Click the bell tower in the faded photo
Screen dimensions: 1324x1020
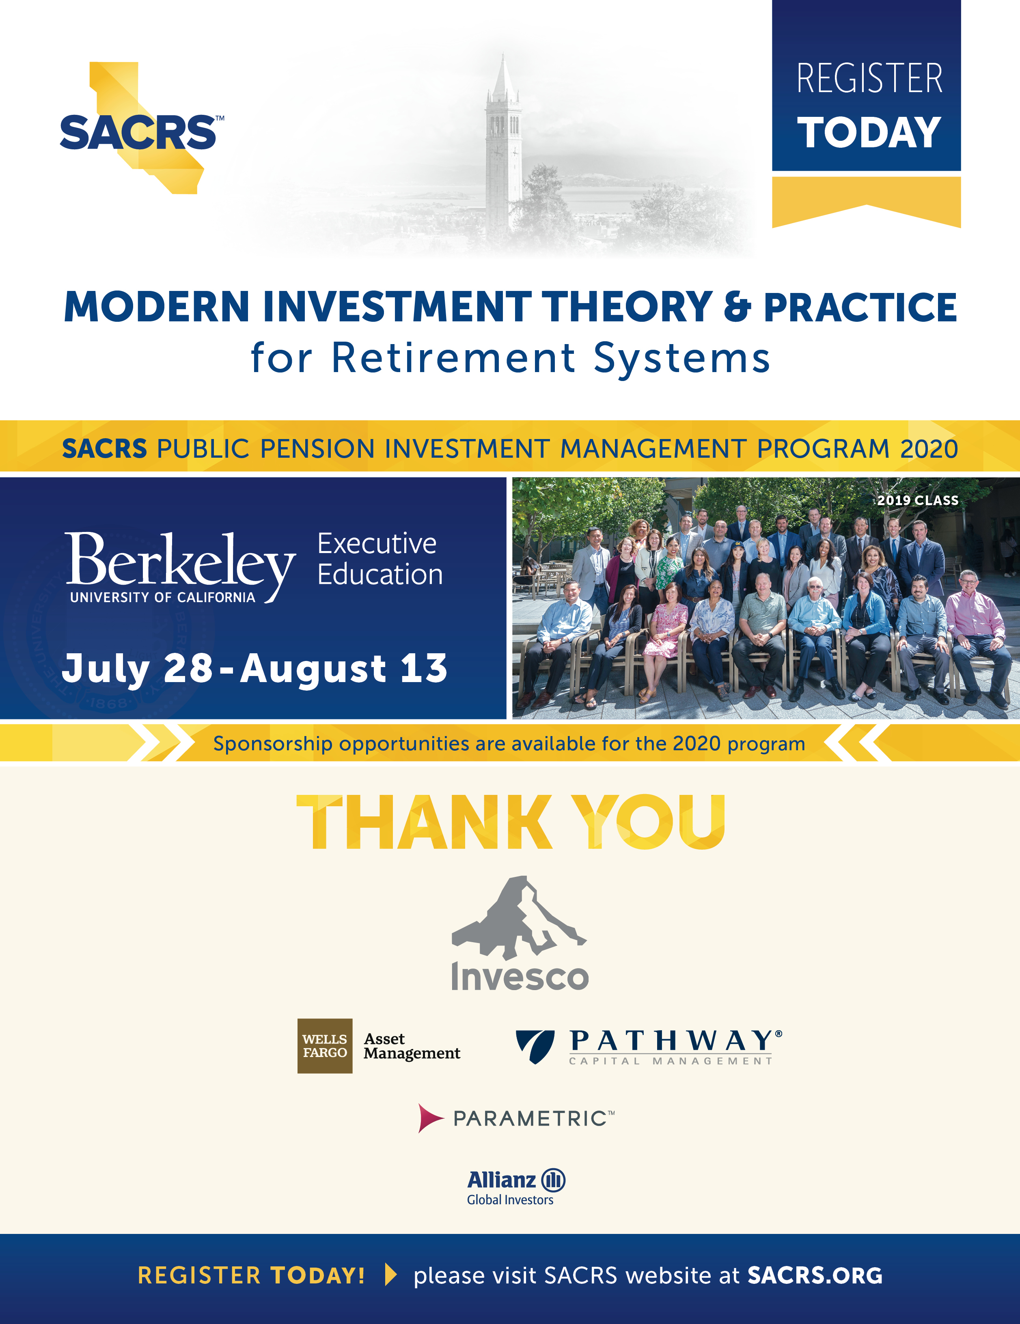click(x=503, y=140)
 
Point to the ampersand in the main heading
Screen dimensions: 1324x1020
click(x=737, y=307)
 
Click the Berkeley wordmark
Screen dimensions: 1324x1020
click(x=180, y=561)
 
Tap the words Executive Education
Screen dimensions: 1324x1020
click(x=379, y=559)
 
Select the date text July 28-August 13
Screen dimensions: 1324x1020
click(x=255, y=668)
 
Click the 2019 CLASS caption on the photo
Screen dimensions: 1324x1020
click(x=918, y=500)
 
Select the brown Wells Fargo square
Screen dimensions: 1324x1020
click(x=324, y=1046)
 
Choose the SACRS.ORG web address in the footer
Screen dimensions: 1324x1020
click(x=815, y=1275)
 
